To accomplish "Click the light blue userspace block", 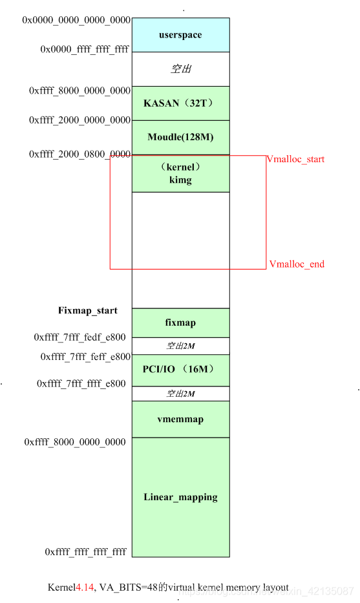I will (x=180, y=35).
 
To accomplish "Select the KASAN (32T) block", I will (x=180, y=103).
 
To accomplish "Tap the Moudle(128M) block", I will (x=180, y=137).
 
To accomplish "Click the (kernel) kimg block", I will (x=180, y=174).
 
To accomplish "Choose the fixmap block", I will (x=180, y=323).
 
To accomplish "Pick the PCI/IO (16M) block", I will (x=180, y=370).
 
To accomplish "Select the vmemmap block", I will (x=180, y=419).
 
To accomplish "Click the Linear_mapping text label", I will (x=180, y=497).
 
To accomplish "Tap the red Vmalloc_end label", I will (x=297, y=264).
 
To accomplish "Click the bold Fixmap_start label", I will (x=88, y=311).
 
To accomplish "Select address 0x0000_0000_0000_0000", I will (x=76, y=20).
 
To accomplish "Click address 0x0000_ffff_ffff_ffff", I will (x=85, y=48).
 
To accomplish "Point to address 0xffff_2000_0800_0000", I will (x=79, y=154).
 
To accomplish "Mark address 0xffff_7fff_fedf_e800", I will (x=80, y=337).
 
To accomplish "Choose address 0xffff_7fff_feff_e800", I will (x=85, y=357).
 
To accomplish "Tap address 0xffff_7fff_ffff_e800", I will (x=81, y=383).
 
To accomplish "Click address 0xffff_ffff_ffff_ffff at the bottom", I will (x=86, y=552).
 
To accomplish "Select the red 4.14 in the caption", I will (x=85, y=587).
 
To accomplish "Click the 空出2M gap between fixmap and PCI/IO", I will (x=180, y=346).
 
